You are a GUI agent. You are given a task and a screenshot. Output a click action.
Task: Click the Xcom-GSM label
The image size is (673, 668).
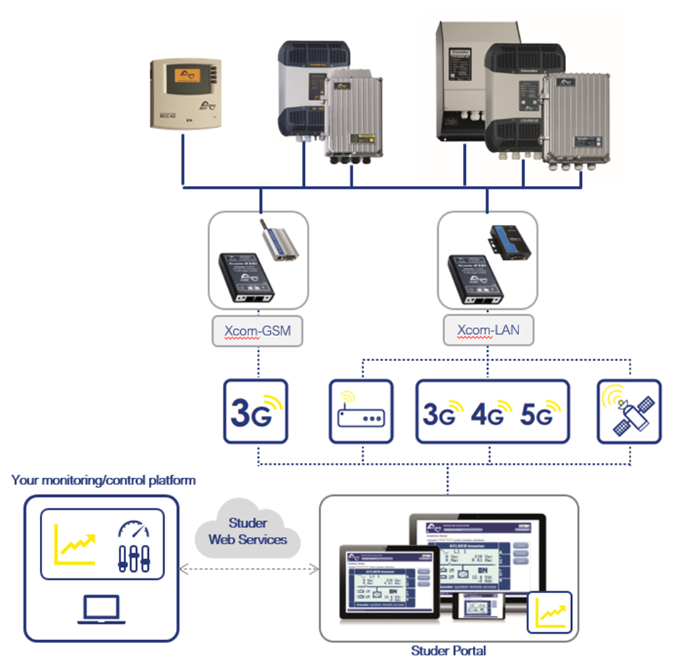(257, 332)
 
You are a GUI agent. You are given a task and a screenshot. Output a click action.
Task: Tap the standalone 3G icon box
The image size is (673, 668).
(255, 412)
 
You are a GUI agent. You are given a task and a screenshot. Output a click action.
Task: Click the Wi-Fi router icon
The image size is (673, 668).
(361, 412)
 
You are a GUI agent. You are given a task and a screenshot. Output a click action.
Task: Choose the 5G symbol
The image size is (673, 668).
(536, 414)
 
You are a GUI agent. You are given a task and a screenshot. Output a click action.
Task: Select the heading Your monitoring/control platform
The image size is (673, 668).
(103, 481)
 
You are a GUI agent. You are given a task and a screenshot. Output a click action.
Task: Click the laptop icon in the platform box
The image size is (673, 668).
(103, 610)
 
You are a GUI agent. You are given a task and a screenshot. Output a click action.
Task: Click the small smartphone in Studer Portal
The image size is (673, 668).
(478, 610)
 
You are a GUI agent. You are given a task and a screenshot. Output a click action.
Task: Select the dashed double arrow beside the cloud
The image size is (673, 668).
(248, 568)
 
